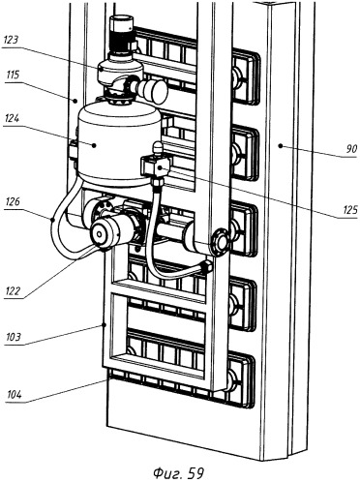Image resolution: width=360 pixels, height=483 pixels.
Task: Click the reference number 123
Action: click(x=11, y=40)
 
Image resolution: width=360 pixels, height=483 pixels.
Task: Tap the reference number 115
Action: click(x=13, y=75)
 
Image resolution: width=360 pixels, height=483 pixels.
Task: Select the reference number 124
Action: click(x=12, y=118)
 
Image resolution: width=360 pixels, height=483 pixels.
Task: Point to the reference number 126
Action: click(x=13, y=201)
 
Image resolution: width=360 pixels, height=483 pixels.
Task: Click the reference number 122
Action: click(x=13, y=291)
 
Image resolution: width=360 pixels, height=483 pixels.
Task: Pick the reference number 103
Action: click(x=14, y=337)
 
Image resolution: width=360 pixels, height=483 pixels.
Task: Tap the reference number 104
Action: click(x=15, y=394)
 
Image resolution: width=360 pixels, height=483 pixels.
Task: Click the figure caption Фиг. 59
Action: click(x=178, y=473)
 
